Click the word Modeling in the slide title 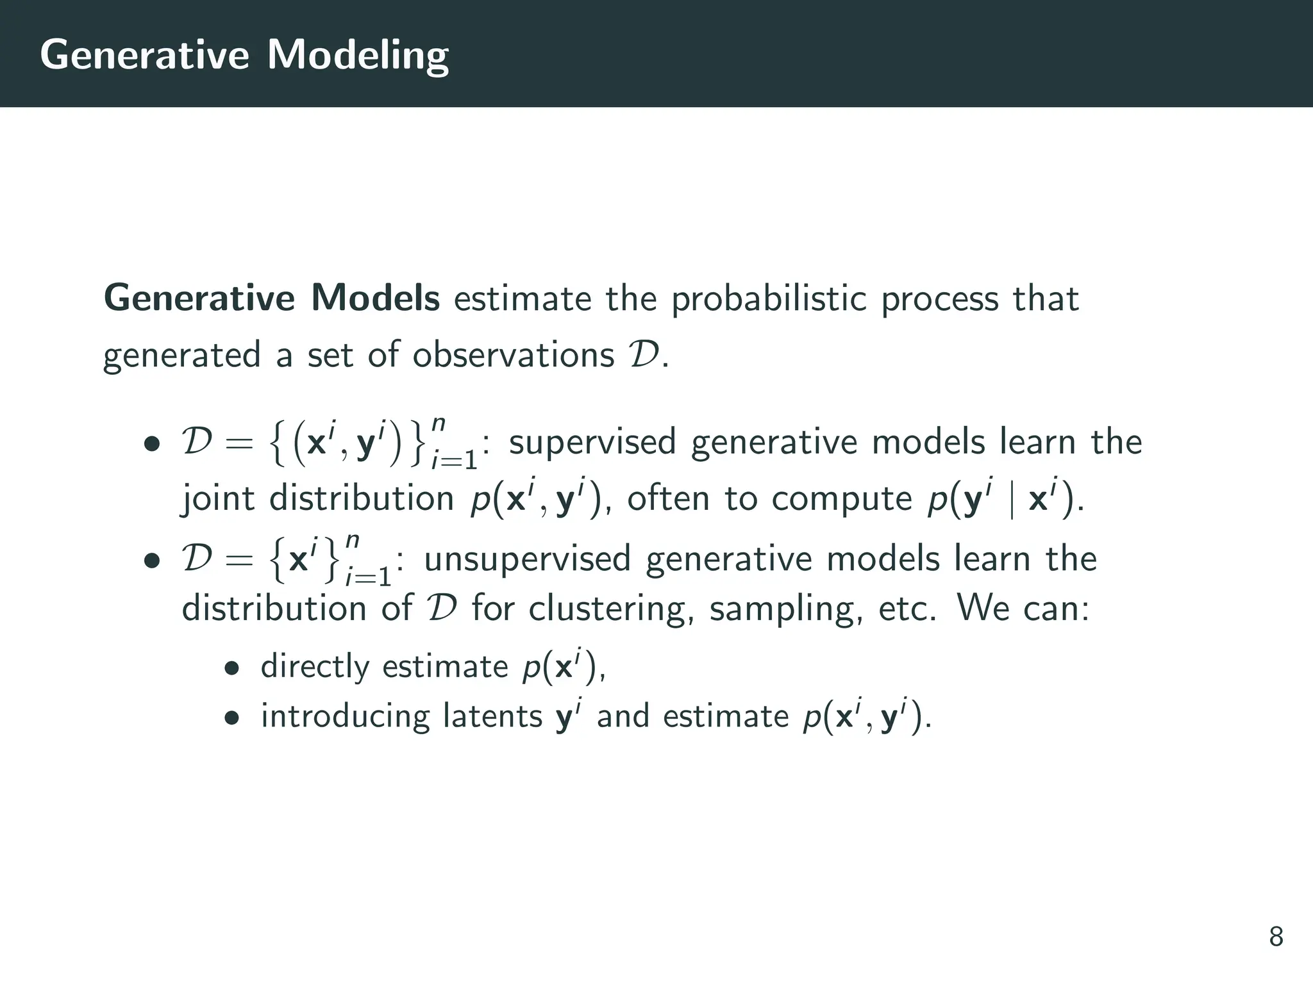[358, 55]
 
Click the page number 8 [1276, 937]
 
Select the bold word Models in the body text [375, 298]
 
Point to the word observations [513, 355]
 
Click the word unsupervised [527, 559]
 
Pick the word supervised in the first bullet [592, 443]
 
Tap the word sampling [786, 610]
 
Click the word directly [315, 667]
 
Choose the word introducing [345, 717]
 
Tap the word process [939, 299]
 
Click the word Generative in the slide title [144, 55]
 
